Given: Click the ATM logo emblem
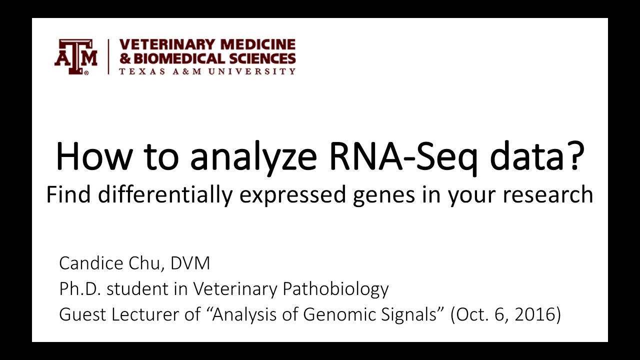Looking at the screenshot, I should coord(75,57).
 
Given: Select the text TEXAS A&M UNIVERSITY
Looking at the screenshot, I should coord(207,71).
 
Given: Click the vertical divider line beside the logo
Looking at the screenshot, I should coord(108,57).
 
